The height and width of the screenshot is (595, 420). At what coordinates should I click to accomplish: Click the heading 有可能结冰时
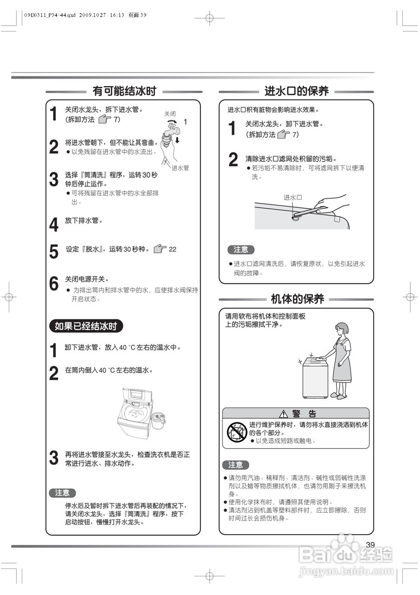click(124, 91)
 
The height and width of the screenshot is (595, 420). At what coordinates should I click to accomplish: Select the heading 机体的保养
click(297, 298)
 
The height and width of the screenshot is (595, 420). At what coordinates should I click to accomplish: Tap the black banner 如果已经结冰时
click(86, 326)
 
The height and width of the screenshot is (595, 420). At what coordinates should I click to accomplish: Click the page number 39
click(370, 545)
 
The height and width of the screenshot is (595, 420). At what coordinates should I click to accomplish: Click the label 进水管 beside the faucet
click(180, 168)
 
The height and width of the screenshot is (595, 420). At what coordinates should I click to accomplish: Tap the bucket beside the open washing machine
click(159, 420)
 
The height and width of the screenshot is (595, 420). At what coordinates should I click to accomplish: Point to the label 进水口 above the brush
click(293, 197)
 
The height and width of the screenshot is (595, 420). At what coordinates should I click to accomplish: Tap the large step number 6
click(54, 284)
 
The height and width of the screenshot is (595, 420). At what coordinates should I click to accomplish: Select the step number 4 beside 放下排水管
click(54, 225)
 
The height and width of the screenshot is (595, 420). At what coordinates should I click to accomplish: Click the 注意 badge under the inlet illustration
click(241, 250)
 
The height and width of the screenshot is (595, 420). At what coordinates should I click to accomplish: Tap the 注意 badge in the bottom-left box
click(62, 493)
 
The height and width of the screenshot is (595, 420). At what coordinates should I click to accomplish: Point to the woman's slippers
click(338, 396)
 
